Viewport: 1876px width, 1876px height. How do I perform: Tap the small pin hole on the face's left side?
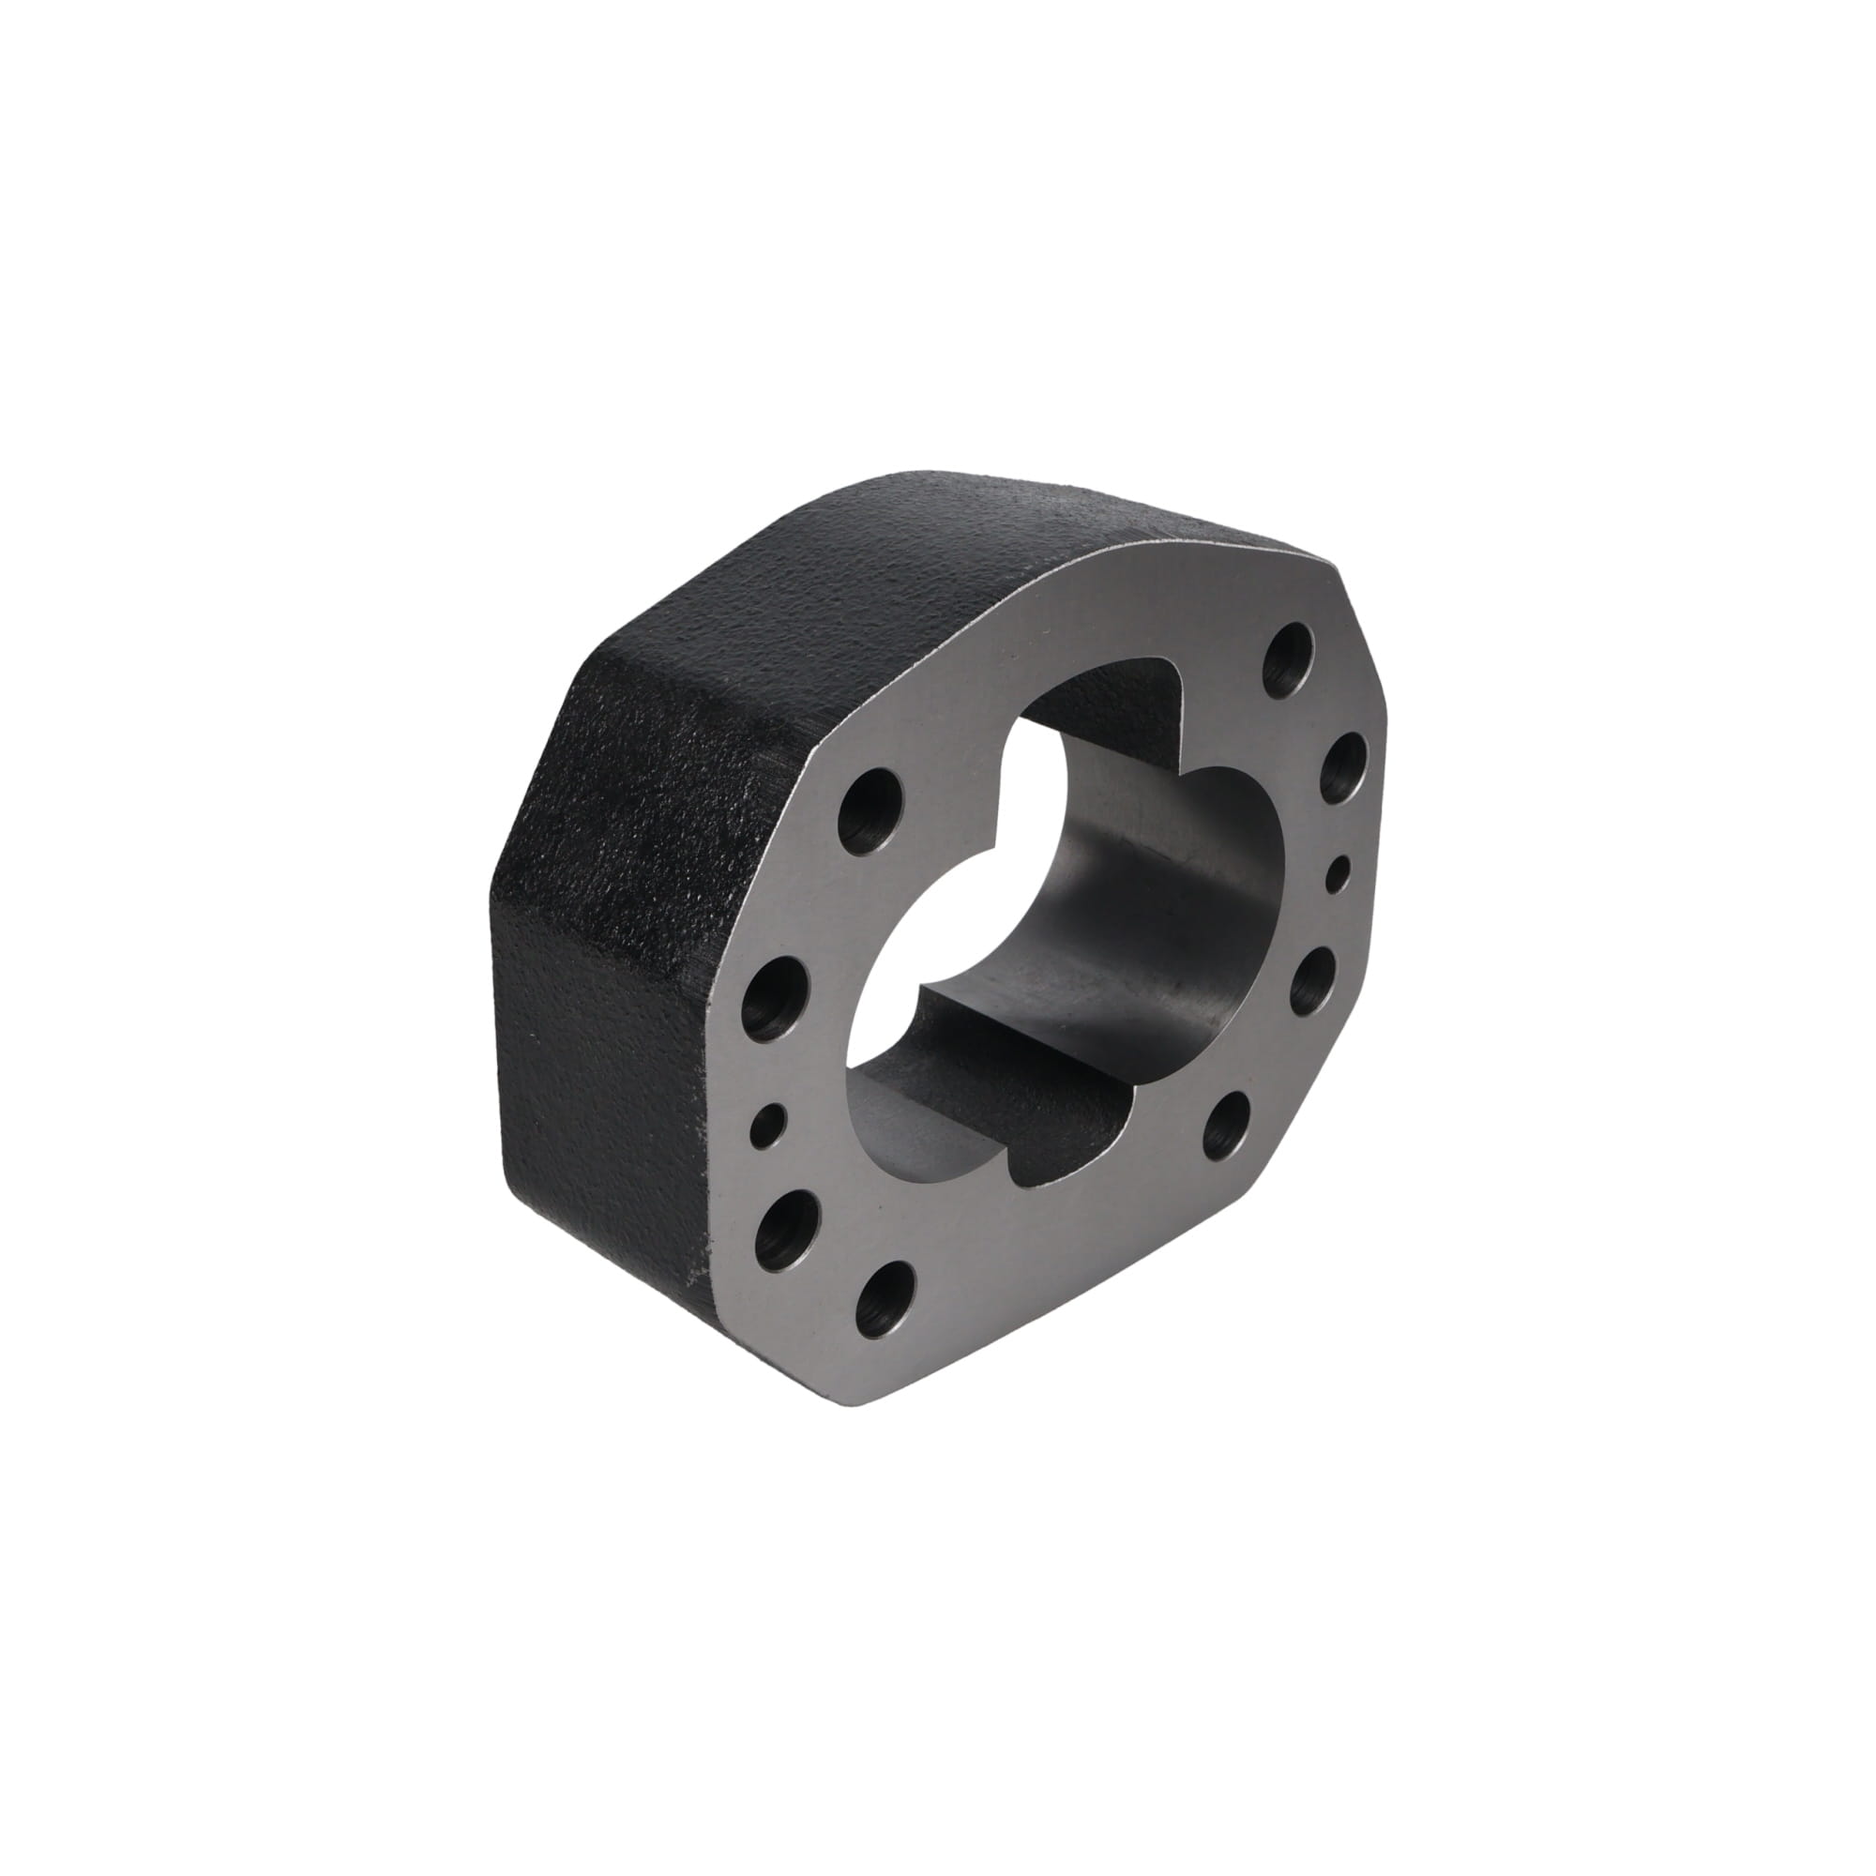[767, 1127]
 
